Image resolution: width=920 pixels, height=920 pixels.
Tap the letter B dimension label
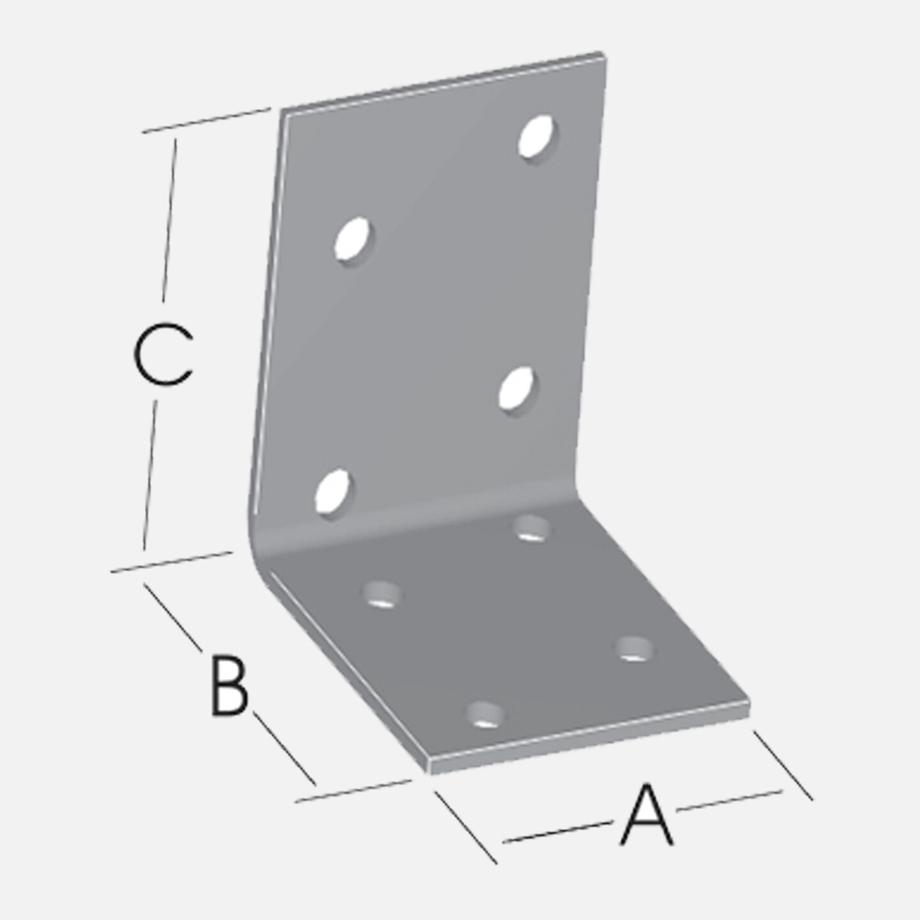[x=229, y=687]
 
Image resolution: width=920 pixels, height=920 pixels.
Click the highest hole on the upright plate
[x=539, y=137]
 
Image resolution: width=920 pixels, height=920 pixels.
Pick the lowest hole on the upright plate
[x=333, y=491]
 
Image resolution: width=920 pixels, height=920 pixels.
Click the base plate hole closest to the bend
[x=530, y=528]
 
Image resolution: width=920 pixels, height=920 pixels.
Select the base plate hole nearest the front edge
[x=486, y=715]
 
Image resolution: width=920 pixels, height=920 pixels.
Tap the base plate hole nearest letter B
[x=382, y=595]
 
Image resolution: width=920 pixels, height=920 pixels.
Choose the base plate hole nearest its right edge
[x=634, y=649]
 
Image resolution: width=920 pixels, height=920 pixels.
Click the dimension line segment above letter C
[x=169, y=220]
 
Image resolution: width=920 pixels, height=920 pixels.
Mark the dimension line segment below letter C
[x=150, y=475]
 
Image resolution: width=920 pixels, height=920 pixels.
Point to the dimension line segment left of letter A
[x=558, y=832]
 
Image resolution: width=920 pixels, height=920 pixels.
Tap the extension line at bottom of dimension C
[x=172, y=562]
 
